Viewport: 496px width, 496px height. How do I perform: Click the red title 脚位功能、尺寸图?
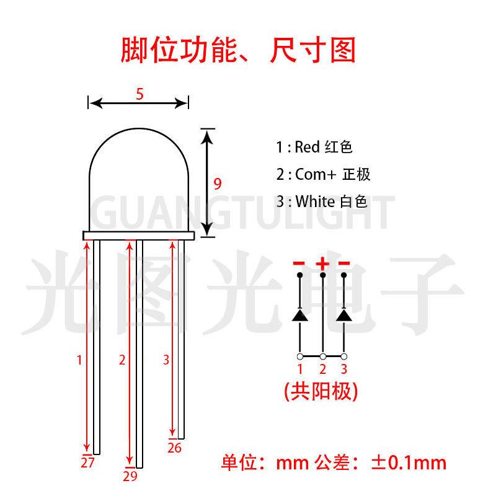239,51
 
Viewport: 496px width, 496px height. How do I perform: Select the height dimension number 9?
217,184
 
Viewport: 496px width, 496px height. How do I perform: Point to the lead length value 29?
130,476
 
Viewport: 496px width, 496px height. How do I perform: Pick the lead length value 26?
174,448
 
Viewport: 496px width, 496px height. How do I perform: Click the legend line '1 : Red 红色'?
314,148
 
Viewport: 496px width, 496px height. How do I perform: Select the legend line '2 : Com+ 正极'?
323,175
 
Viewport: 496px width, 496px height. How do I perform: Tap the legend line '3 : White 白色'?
322,201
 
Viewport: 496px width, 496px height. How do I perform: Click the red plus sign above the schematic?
322,263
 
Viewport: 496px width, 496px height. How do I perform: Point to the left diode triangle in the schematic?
300,315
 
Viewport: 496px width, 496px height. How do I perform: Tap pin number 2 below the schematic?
322,370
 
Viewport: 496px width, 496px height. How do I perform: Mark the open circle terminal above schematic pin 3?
345,356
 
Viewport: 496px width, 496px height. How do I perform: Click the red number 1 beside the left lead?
79,359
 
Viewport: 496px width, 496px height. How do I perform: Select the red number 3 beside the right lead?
166,359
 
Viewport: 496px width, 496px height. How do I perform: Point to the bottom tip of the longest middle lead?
139,466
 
